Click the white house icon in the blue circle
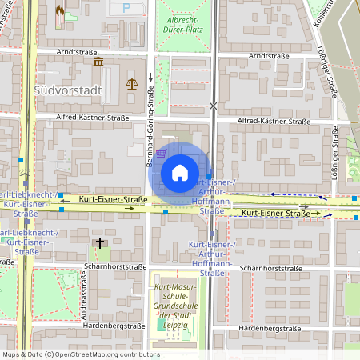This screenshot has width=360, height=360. point(179,173)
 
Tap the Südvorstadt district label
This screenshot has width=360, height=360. point(69,90)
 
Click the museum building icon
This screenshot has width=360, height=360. point(98,62)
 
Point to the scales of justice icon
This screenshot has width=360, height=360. point(131,82)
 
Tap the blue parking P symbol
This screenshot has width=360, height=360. point(126,8)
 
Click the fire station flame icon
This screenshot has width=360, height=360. point(61,12)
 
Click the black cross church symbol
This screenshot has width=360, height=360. point(100,242)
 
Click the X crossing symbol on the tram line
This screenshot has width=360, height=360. point(213,105)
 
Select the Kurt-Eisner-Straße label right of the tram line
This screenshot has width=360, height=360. point(275,214)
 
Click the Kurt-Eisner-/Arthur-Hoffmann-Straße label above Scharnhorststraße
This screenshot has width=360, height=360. point(212,258)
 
